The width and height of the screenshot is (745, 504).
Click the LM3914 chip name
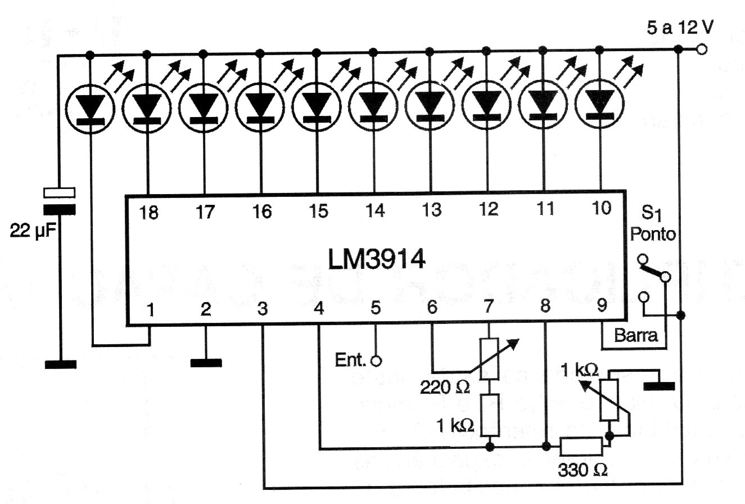pyautogui.click(x=377, y=260)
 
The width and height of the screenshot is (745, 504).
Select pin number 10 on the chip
pyautogui.click(x=601, y=209)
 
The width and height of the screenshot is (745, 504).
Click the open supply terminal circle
pyautogui.click(x=701, y=50)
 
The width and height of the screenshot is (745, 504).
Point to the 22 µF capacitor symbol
pyautogui.click(x=60, y=201)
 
